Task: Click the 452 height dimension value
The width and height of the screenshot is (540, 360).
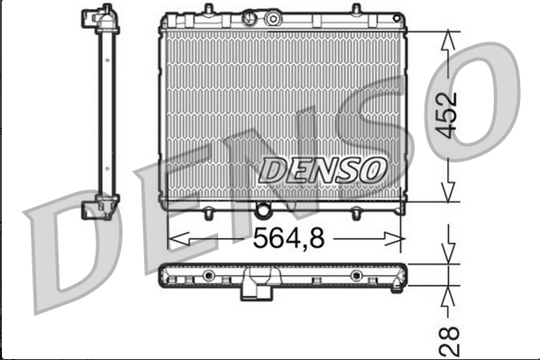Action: click(x=446, y=115)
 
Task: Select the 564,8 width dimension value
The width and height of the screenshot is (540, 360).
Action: click(x=288, y=238)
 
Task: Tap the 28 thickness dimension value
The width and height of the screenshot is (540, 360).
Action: click(x=450, y=341)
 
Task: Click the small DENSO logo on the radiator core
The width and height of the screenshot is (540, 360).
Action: click(x=322, y=171)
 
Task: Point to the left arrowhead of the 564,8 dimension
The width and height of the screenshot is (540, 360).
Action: click(x=178, y=238)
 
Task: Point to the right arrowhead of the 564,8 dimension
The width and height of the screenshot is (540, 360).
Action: click(x=394, y=238)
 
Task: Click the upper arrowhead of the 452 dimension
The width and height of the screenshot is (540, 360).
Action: click(x=448, y=40)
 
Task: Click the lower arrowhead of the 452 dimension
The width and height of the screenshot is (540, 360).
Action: click(x=448, y=192)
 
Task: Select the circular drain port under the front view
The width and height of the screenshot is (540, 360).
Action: click(x=262, y=210)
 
